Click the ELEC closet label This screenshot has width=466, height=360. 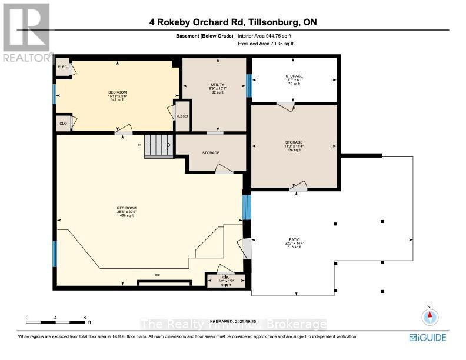click(61, 67)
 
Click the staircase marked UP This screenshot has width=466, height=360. click(158, 145)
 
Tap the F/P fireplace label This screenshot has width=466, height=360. click(157, 275)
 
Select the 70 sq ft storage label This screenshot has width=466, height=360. click(294, 76)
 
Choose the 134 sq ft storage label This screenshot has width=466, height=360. click(294, 142)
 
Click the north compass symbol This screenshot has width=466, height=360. click(430, 316)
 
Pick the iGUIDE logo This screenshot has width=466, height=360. click(428, 337)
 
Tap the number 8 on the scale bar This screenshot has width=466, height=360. click(85, 318)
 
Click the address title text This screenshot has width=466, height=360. click(233, 23)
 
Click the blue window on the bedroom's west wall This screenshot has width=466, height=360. click(55, 94)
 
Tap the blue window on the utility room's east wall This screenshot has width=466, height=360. click(248, 85)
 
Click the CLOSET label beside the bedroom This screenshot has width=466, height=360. click(182, 116)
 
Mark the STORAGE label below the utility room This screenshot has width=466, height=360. click(211, 153)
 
